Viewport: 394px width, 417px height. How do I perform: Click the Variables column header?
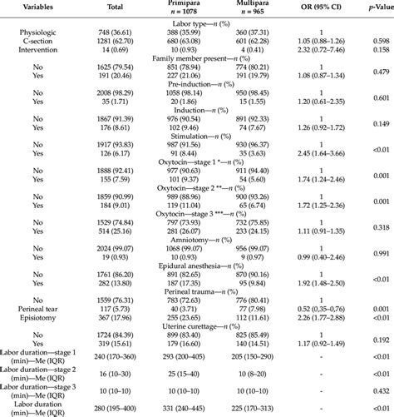click(32, 8)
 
